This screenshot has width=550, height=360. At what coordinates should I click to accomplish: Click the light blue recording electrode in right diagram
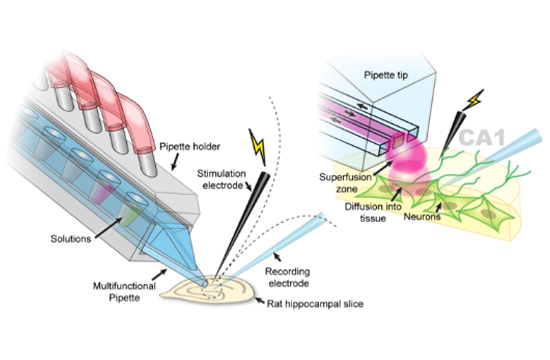[520, 149]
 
